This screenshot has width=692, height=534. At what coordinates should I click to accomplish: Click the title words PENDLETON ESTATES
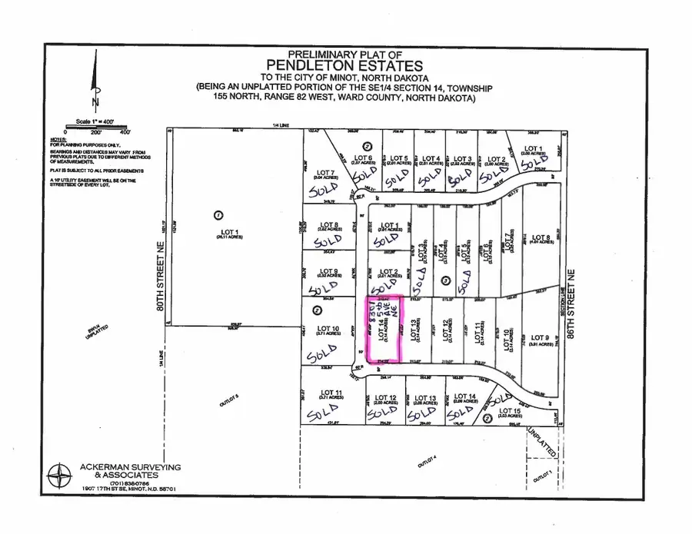coord(345,68)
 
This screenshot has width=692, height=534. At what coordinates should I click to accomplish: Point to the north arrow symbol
coord(95,85)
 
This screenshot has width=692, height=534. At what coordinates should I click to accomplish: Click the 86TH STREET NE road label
coord(572,307)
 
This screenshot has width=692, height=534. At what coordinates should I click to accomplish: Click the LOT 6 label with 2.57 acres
coord(362,159)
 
